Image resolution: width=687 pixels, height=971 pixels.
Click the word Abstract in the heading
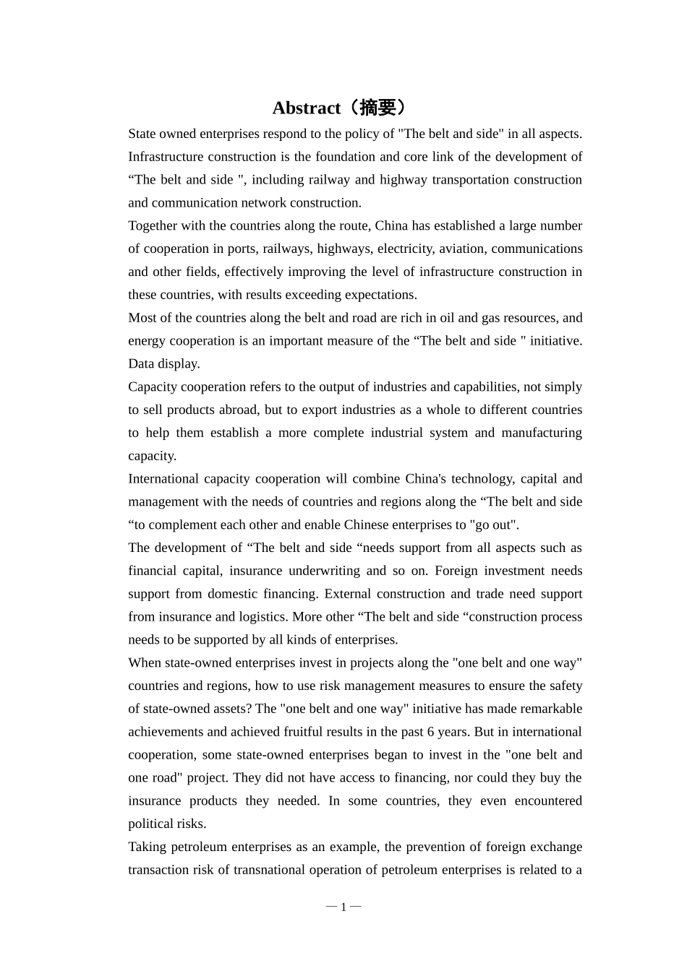click(x=306, y=108)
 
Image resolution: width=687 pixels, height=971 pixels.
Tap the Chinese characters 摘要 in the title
click(x=377, y=108)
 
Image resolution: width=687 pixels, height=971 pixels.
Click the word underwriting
click(x=324, y=571)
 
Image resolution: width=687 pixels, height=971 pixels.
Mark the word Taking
click(x=148, y=847)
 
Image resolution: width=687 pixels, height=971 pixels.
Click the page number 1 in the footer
click(x=343, y=907)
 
